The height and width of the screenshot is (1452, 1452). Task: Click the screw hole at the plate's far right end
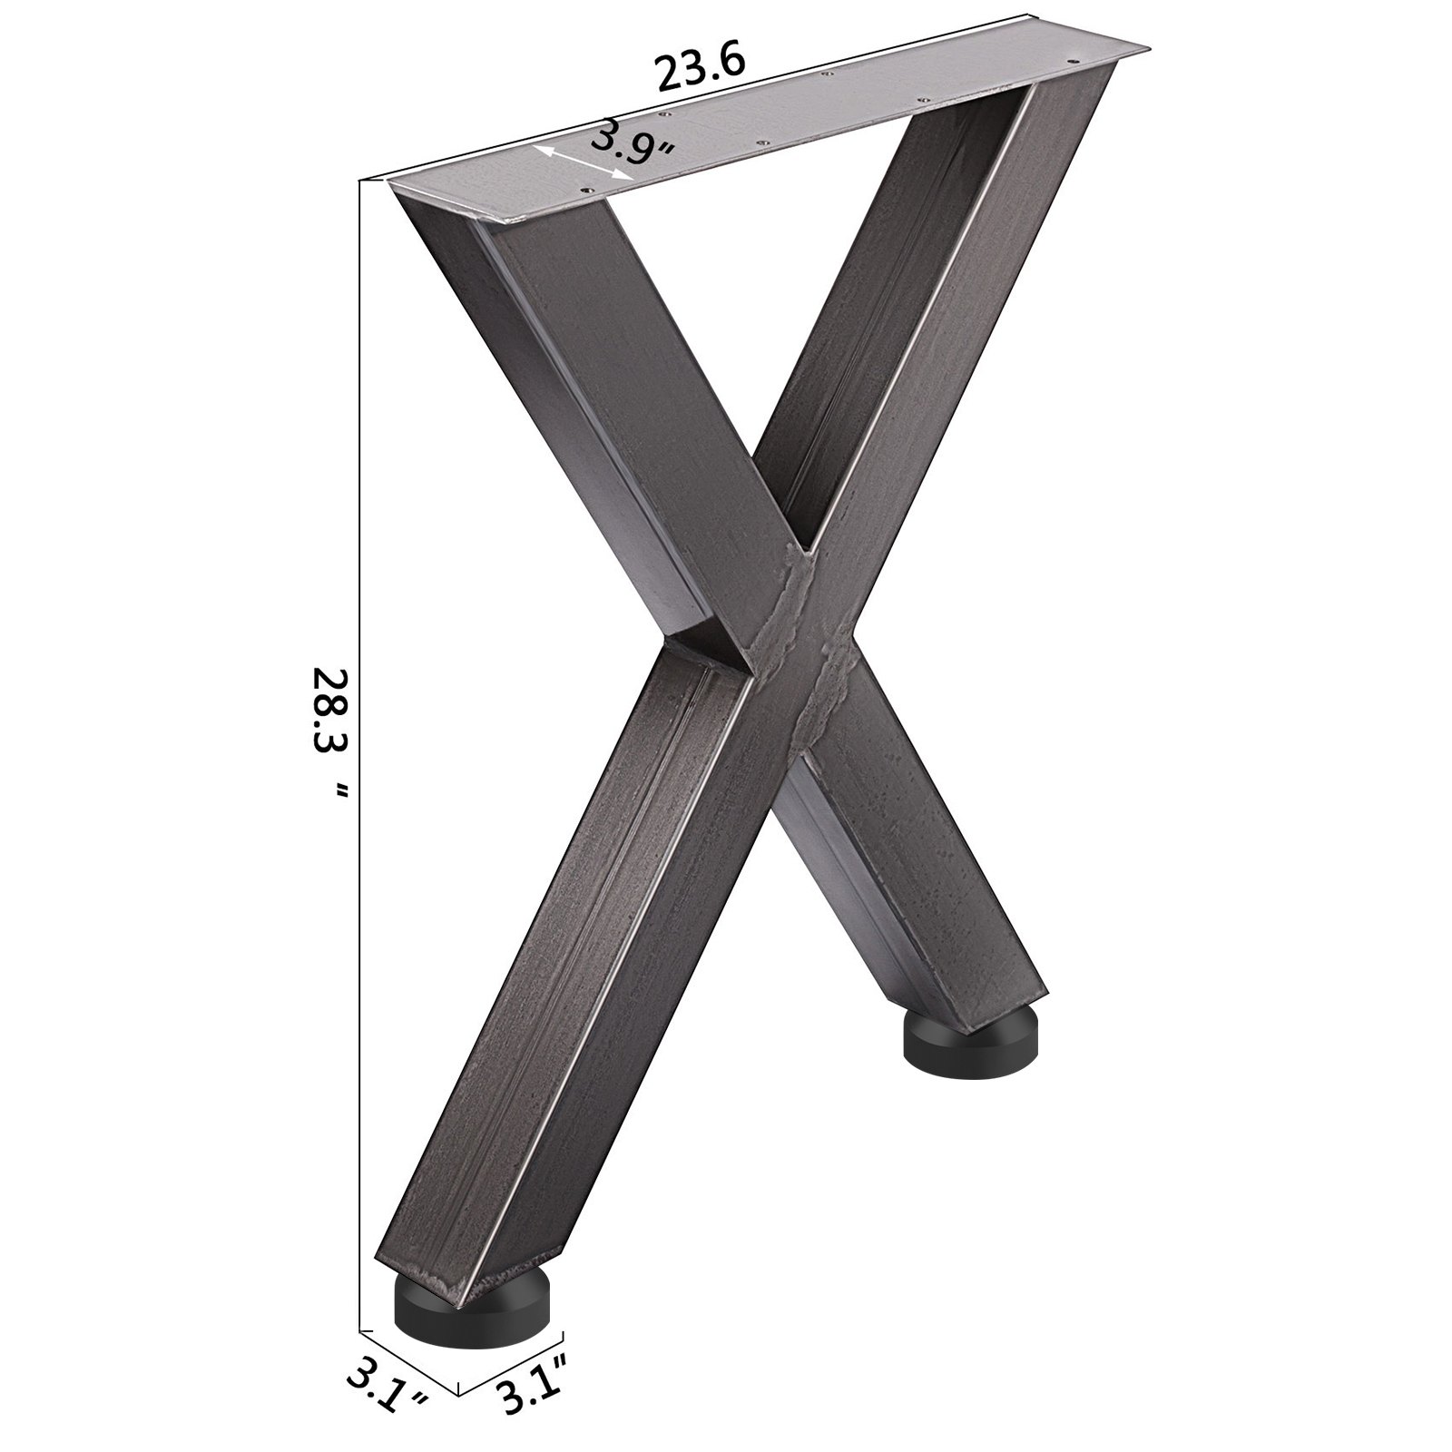click(x=1077, y=58)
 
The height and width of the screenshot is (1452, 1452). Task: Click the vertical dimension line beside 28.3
click(x=361, y=726)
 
